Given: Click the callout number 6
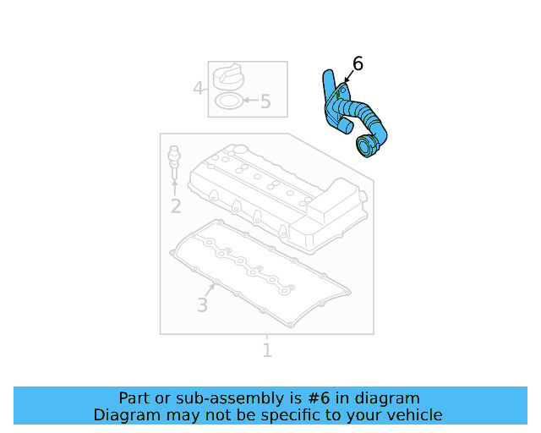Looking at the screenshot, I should click(357, 64).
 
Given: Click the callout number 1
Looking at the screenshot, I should click(267, 350).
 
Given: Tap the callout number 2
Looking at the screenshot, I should click(175, 206).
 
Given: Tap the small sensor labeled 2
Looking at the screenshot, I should click(175, 160).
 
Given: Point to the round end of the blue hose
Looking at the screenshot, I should click(368, 146).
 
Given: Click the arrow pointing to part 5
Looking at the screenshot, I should click(249, 102).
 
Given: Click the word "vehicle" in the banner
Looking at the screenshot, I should click(414, 415).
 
